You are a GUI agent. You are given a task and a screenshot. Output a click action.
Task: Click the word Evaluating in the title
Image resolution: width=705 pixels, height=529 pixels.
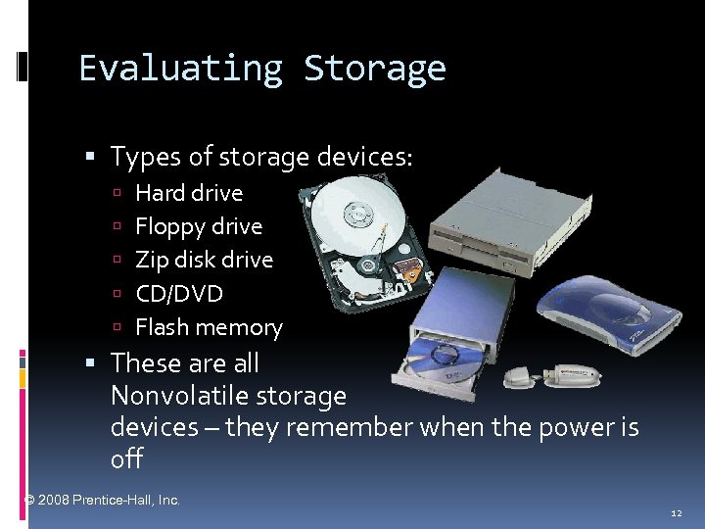coord(180,69)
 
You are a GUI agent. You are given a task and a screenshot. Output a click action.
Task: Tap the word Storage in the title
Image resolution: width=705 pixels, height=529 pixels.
coord(374,69)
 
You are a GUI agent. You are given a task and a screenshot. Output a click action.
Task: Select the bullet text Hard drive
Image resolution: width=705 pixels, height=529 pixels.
coord(189,193)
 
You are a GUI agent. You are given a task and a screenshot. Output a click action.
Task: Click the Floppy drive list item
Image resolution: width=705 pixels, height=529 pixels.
coord(199,226)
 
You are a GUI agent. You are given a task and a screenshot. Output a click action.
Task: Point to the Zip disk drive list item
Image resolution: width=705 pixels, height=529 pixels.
coord(204,260)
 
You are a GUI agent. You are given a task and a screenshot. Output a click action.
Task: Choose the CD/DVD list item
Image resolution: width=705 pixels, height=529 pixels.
coord(179,294)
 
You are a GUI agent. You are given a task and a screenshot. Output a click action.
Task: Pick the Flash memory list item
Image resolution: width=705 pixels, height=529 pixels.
coord(209,327)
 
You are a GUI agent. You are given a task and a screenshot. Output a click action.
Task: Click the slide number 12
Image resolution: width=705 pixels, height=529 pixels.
coord(677,512)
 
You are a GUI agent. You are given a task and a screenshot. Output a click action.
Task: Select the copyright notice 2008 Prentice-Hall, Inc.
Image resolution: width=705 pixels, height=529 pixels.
coord(103,500)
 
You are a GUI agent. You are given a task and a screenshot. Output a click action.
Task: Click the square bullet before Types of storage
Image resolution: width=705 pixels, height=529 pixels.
coord(90,157)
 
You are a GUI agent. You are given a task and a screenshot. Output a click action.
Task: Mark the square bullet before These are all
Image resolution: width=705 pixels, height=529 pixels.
coord(90,363)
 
